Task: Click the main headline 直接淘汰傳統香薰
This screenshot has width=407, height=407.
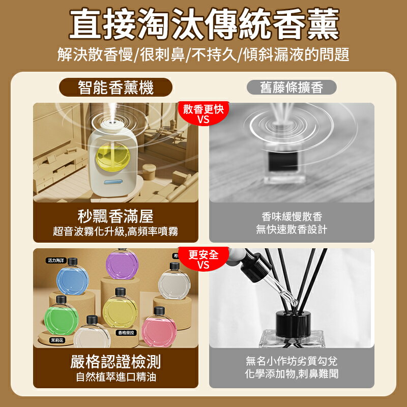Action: [x=203, y=24]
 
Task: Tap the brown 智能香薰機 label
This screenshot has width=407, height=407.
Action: [x=116, y=88]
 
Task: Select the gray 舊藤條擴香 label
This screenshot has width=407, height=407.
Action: [x=292, y=88]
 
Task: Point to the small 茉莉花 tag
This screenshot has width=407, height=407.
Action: [x=57, y=340]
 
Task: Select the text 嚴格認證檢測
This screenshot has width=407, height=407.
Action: [x=115, y=362]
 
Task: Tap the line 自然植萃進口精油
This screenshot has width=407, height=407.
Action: [x=115, y=377]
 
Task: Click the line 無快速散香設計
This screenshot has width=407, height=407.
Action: [x=292, y=229]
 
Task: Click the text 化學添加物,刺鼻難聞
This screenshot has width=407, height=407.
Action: [x=292, y=374]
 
